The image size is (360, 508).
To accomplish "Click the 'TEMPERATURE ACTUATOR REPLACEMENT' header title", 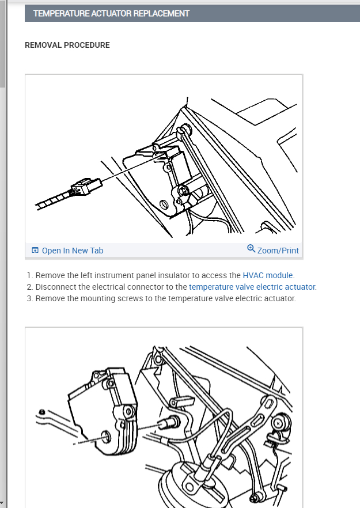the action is coord(111,13).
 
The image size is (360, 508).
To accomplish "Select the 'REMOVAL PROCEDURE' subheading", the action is coord(67,45).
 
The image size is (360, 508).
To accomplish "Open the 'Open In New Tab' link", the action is coord(73,251).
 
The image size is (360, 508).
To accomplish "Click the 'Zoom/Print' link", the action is coord(278,251).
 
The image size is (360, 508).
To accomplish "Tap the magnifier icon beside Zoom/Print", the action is coord(251,249).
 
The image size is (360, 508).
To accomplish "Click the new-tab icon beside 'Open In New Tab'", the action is coord(35,251).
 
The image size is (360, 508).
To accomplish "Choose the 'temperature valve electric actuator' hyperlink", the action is coord(252,287).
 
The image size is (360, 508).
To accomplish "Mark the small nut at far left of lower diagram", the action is coord(43,412).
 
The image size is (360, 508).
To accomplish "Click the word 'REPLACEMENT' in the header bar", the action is coord(161,13).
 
